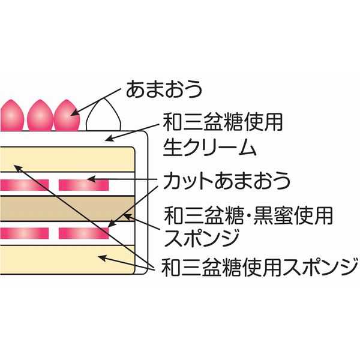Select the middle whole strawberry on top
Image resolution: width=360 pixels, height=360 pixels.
pyautogui.click(x=40, y=115)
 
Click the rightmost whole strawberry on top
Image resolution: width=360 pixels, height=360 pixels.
pyautogui.click(x=66, y=115)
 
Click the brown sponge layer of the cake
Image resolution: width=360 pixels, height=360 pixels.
pyautogui.click(x=66, y=208)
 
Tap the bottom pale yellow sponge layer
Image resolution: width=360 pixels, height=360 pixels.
pyautogui.click(x=66, y=259)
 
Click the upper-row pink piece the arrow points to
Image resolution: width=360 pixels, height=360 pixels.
pyautogui.click(x=83, y=184)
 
